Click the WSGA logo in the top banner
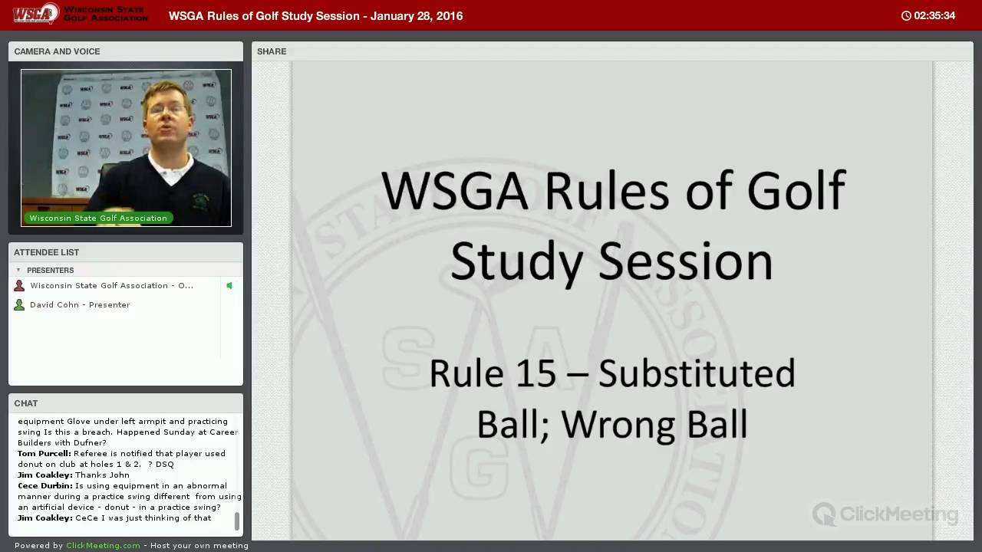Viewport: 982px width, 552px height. point(36,14)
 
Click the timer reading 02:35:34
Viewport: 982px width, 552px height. point(934,16)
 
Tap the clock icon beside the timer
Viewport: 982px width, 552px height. point(906,16)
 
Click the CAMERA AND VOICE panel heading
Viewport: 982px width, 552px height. point(57,51)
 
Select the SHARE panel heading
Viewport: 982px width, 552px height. point(272,51)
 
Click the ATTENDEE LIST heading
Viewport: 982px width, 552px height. point(47,252)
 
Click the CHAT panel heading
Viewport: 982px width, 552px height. point(26,403)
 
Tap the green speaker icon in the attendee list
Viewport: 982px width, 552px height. point(229,286)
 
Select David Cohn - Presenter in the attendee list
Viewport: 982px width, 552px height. point(80,305)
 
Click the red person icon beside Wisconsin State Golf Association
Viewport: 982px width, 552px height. point(19,286)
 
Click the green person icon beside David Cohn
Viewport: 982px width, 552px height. point(19,305)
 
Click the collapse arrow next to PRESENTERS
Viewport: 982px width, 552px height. point(18,270)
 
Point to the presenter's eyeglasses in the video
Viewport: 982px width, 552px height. point(168,108)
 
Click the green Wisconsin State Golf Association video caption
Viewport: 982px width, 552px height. point(98,219)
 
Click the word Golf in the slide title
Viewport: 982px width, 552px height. point(796,191)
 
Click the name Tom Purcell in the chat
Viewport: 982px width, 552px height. point(44,453)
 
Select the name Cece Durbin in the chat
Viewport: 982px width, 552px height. point(45,486)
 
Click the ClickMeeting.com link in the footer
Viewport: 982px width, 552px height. point(103,545)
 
